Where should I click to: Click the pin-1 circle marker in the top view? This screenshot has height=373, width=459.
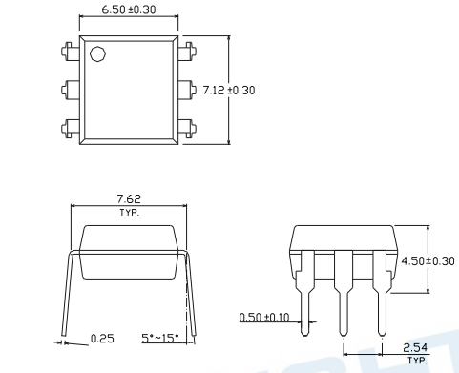tap(97, 54)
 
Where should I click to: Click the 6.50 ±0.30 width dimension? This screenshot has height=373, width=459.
tap(130, 11)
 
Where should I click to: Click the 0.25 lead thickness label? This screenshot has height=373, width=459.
tap(102, 339)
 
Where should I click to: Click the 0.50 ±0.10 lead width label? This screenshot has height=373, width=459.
tap(264, 317)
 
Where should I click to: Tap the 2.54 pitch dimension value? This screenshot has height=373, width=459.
tap(416, 350)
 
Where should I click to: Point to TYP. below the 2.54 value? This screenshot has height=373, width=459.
tap(416, 362)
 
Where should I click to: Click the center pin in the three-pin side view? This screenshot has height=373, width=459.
tap(344, 305)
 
